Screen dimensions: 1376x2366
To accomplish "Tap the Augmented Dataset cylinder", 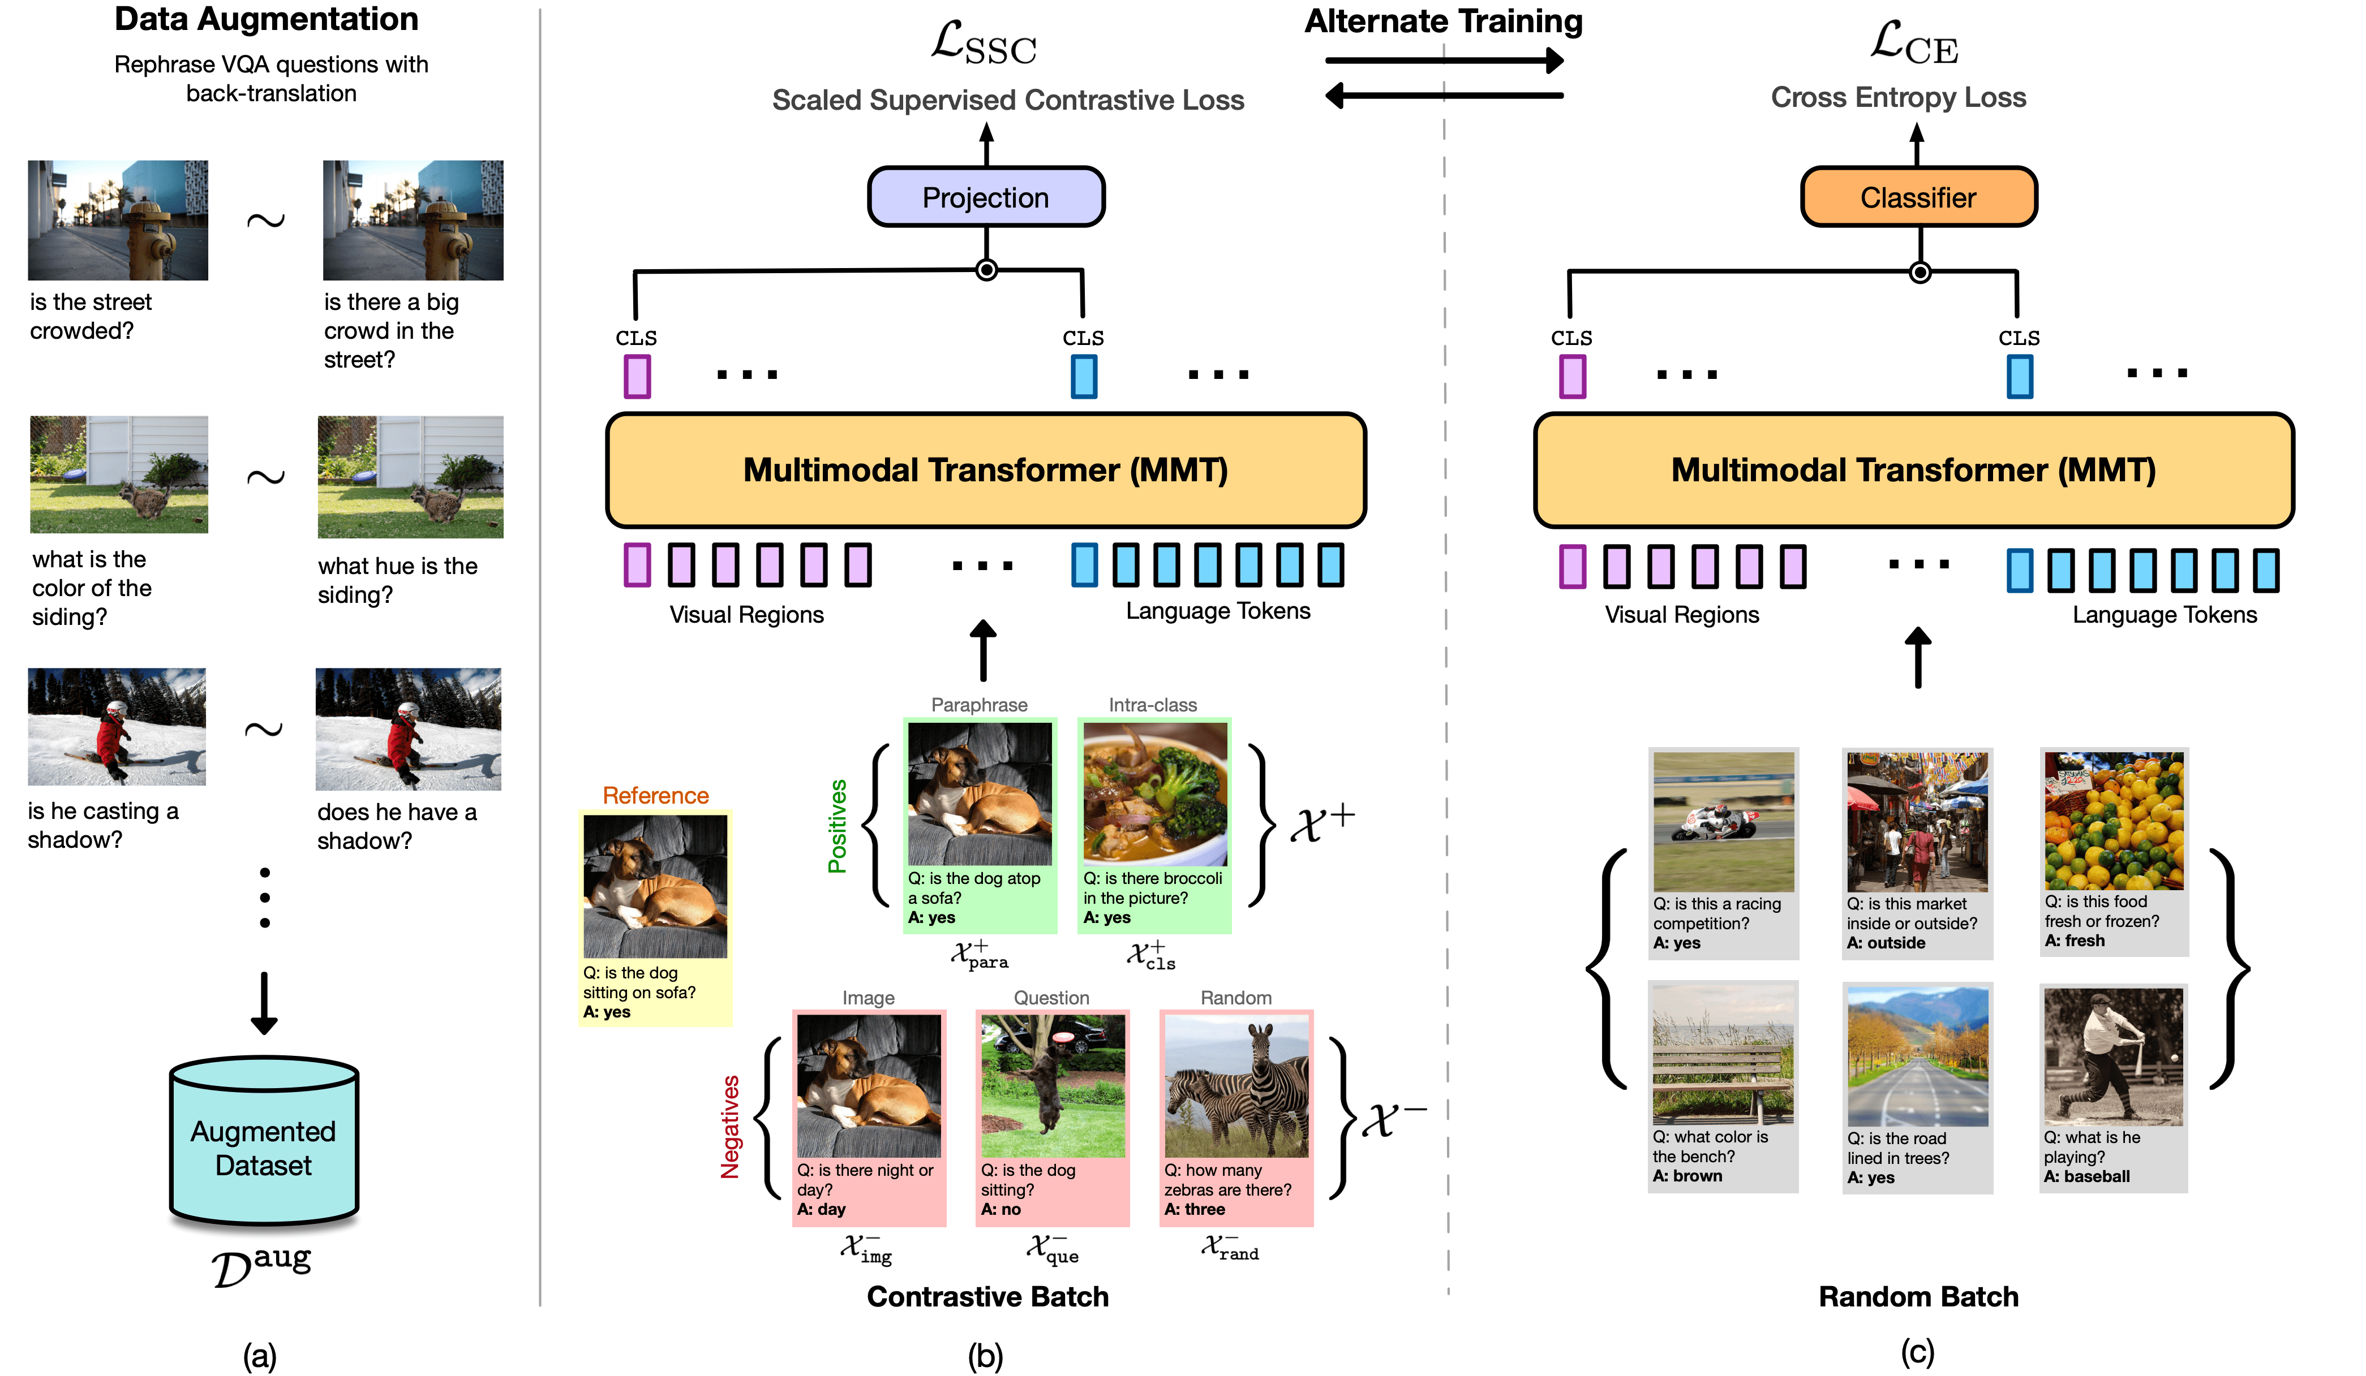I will pos(264,1145).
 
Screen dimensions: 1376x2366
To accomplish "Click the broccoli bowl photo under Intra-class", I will pos(1154,793).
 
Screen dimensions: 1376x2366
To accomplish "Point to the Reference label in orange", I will pos(655,795).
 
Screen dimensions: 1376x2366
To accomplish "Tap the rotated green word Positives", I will pos(836,826).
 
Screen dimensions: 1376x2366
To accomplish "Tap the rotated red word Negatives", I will pos(729,1127).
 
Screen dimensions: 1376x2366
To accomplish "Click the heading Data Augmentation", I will pos(267,19).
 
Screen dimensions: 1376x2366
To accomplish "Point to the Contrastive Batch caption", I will pos(987,1296).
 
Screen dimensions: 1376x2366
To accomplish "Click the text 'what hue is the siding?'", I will pos(397,580).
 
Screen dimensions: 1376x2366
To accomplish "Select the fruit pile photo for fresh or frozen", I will pos(2114,821).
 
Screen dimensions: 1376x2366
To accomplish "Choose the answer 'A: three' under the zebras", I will pos(1194,1209).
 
